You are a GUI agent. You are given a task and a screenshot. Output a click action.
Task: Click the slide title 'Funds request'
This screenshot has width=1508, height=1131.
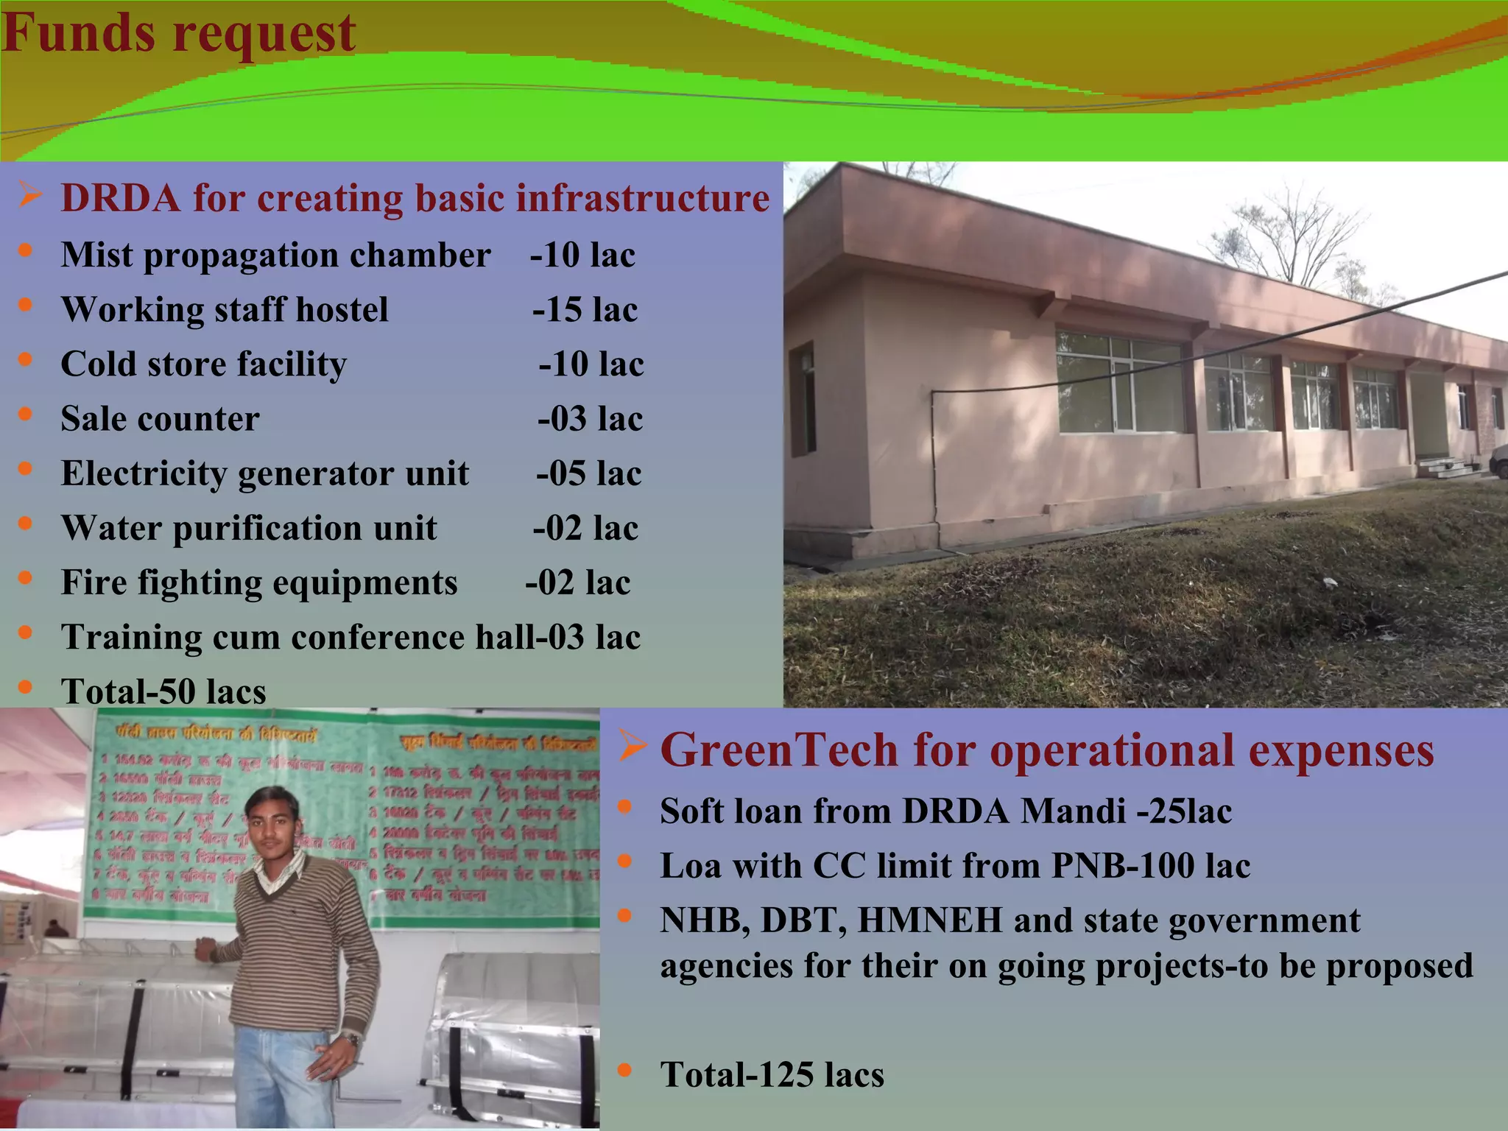click(x=179, y=33)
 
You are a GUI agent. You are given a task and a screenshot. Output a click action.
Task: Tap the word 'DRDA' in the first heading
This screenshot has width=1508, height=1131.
click(x=120, y=199)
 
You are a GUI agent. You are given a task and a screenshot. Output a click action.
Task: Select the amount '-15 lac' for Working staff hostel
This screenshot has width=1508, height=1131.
click(x=585, y=310)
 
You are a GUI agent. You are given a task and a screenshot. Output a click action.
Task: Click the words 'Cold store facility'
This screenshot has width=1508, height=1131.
click(x=203, y=364)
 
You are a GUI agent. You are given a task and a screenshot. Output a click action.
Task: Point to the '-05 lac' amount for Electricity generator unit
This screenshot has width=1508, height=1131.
click(x=588, y=473)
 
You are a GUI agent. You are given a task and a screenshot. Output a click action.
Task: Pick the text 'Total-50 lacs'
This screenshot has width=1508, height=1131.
click(x=163, y=691)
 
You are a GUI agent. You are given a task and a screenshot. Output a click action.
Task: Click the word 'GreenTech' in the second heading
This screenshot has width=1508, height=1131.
click(x=779, y=751)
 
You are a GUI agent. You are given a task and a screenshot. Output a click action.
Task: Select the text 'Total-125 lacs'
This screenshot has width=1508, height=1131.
click(x=772, y=1074)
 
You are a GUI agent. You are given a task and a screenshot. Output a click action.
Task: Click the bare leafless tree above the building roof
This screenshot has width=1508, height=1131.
click(x=1296, y=236)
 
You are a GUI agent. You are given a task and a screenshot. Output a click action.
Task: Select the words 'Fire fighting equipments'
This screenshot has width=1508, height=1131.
click(x=259, y=582)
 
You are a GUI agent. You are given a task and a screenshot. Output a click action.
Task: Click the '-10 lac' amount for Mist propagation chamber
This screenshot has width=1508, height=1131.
click(x=582, y=256)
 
